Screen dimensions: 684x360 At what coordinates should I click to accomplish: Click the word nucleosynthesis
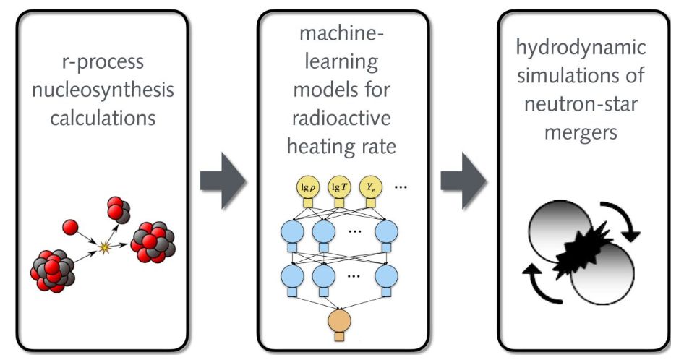(103, 90)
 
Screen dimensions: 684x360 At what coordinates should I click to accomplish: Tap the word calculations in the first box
(103, 118)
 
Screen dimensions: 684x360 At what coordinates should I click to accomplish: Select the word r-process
(103, 62)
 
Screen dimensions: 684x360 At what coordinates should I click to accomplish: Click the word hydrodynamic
(581, 48)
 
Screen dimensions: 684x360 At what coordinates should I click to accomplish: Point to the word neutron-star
(581, 104)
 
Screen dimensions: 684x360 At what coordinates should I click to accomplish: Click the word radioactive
(341, 118)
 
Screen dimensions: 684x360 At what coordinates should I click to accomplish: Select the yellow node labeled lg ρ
(308, 188)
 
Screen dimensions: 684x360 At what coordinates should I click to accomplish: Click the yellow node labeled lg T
(339, 188)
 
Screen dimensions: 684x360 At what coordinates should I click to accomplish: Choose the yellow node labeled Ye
(371, 188)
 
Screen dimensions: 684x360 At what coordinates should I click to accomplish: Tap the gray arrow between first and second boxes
(223, 181)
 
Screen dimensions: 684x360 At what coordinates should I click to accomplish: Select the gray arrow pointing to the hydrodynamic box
(463, 181)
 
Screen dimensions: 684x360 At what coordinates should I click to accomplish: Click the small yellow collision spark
(104, 247)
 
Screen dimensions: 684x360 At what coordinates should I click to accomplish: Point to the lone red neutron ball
(70, 227)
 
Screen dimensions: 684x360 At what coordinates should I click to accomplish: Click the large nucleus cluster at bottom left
(53, 271)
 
